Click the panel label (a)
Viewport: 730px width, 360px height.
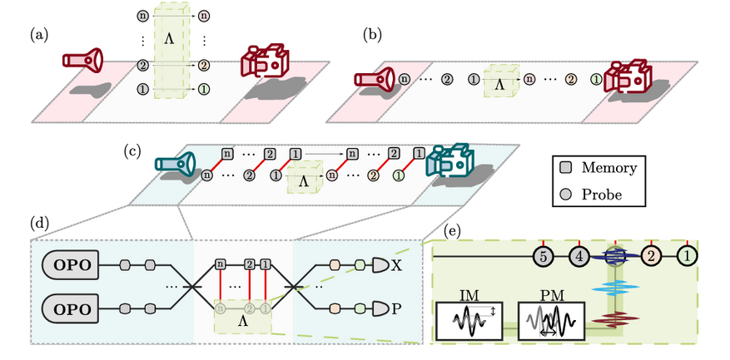[x=38, y=35]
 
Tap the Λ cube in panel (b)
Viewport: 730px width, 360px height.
[x=499, y=84]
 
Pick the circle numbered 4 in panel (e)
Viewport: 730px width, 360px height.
[x=579, y=256]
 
